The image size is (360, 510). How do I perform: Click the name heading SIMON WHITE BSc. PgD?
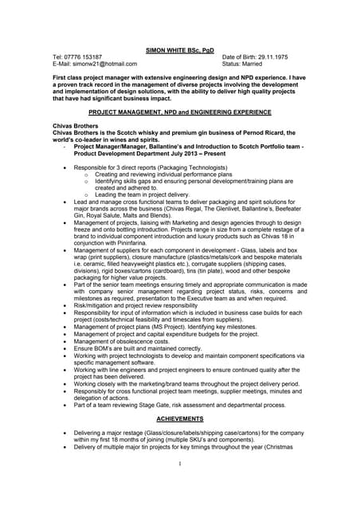(x=180, y=50)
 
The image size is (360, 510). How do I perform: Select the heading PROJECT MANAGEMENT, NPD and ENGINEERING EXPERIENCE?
(x=180, y=113)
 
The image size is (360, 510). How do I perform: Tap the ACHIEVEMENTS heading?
(x=180, y=418)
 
